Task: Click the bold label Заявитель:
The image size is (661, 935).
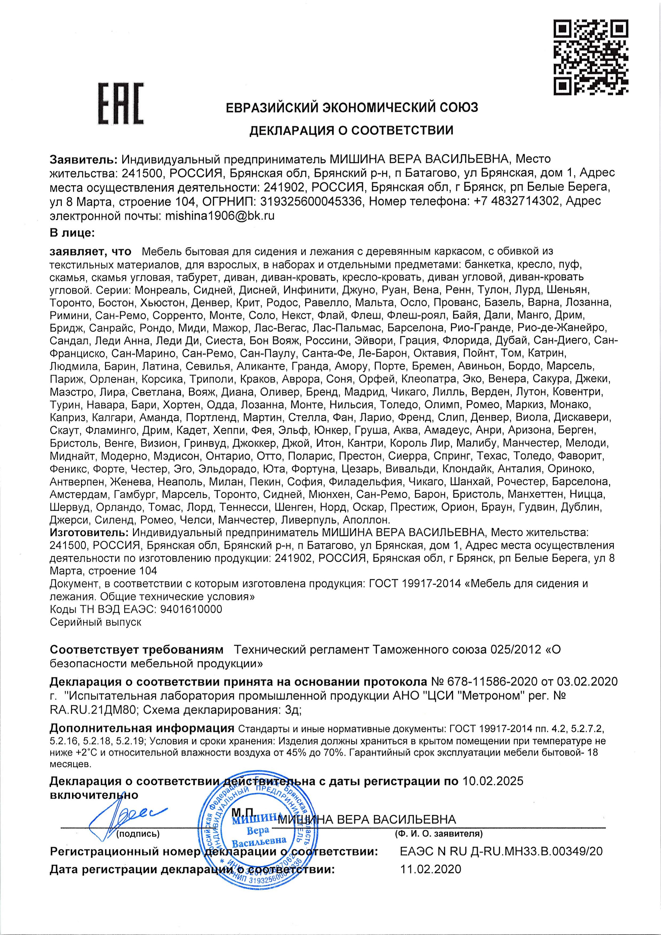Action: [84, 159]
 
